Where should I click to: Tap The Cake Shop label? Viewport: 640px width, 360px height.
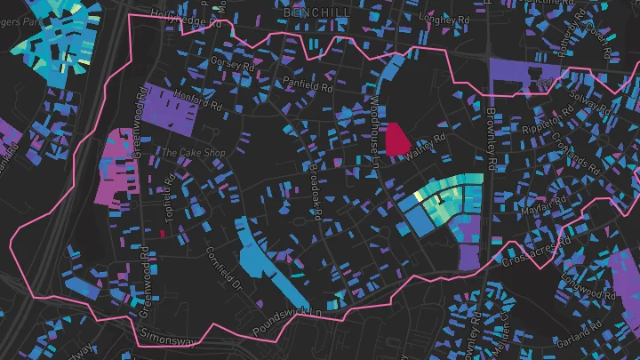[x=193, y=153]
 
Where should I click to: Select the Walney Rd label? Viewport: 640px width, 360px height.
[x=424, y=147]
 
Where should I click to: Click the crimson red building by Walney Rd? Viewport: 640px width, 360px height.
[x=396, y=139]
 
